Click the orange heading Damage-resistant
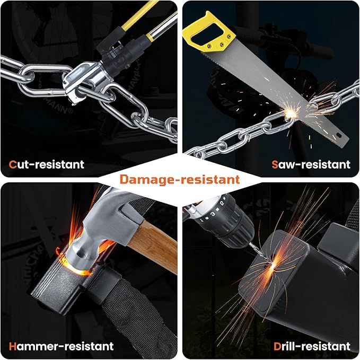(x=180, y=180)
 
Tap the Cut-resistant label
(x=46, y=164)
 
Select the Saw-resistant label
(x=311, y=164)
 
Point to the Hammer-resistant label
(x=61, y=346)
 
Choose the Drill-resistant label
(x=312, y=346)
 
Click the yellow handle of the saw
(x=208, y=32)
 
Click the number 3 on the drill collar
(x=213, y=214)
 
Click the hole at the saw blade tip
(x=339, y=135)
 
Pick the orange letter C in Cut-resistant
(x=13, y=164)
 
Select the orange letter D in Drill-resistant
(x=277, y=346)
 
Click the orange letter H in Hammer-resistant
(x=13, y=346)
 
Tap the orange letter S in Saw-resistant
(x=275, y=164)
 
